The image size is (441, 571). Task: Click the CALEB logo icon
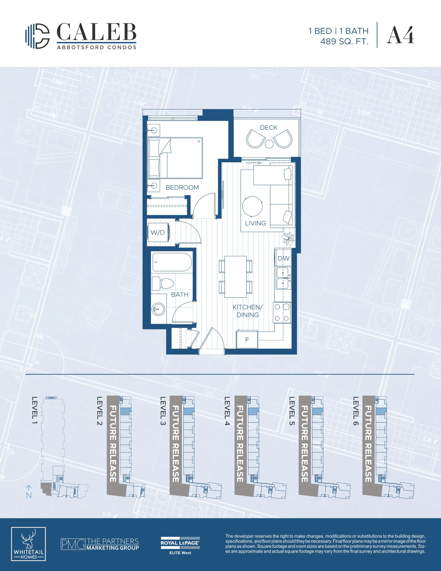click(x=37, y=36)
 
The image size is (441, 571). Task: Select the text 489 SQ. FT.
click(x=344, y=41)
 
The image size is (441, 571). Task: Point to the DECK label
click(x=268, y=128)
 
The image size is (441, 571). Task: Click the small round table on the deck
click(x=269, y=144)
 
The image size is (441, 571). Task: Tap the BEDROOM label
click(x=182, y=187)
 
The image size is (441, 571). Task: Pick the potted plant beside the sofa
click(x=288, y=238)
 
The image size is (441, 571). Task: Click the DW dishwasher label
click(x=284, y=258)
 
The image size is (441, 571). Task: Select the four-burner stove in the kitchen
click(x=282, y=312)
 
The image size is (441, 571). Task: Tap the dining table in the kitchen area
click(x=235, y=277)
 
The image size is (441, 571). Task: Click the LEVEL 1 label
click(x=35, y=410)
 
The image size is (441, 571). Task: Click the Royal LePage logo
click(x=180, y=546)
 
